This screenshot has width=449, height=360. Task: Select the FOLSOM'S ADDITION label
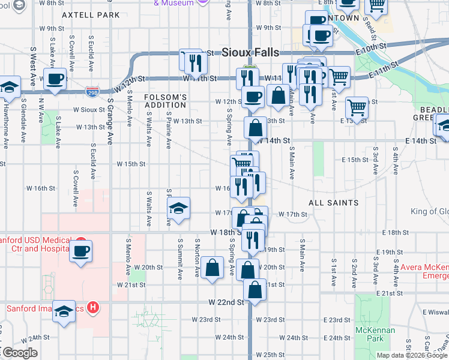[166, 101]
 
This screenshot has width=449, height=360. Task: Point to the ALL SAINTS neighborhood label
[334, 203]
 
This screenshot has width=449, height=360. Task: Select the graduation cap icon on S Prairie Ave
[178, 208]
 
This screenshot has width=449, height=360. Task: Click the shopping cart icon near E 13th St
[357, 108]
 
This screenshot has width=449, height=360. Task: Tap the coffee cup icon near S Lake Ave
[55, 79]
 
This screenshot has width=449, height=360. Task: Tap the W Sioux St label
[89, 110]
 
